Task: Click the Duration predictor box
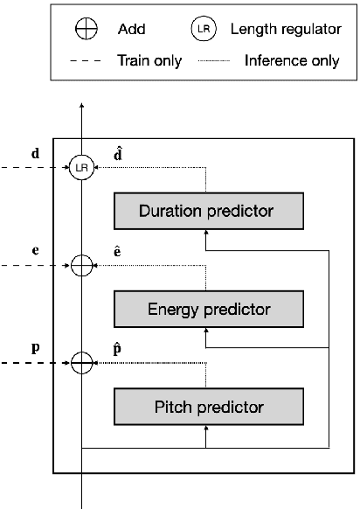click(x=208, y=211)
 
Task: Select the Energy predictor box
click(x=208, y=309)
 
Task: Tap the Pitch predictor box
click(x=208, y=407)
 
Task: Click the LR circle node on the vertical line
click(x=81, y=167)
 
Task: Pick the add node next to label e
click(x=81, y=265)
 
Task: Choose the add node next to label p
click(x=81, y=359)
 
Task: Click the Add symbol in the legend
click(x=86, y=30)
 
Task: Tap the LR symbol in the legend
click(x=204, y=30)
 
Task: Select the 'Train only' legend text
click(x=149, y=60)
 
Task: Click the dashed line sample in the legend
click(x=86, y=61)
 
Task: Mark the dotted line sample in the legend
click(x=204, y=61)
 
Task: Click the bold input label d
click(x=35, y=155)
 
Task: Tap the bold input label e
click(x=35, y=250)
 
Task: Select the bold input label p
click(x=35, y=346)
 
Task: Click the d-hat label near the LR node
click(x=118, y=153)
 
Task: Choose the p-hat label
click(x=118, y=346)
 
